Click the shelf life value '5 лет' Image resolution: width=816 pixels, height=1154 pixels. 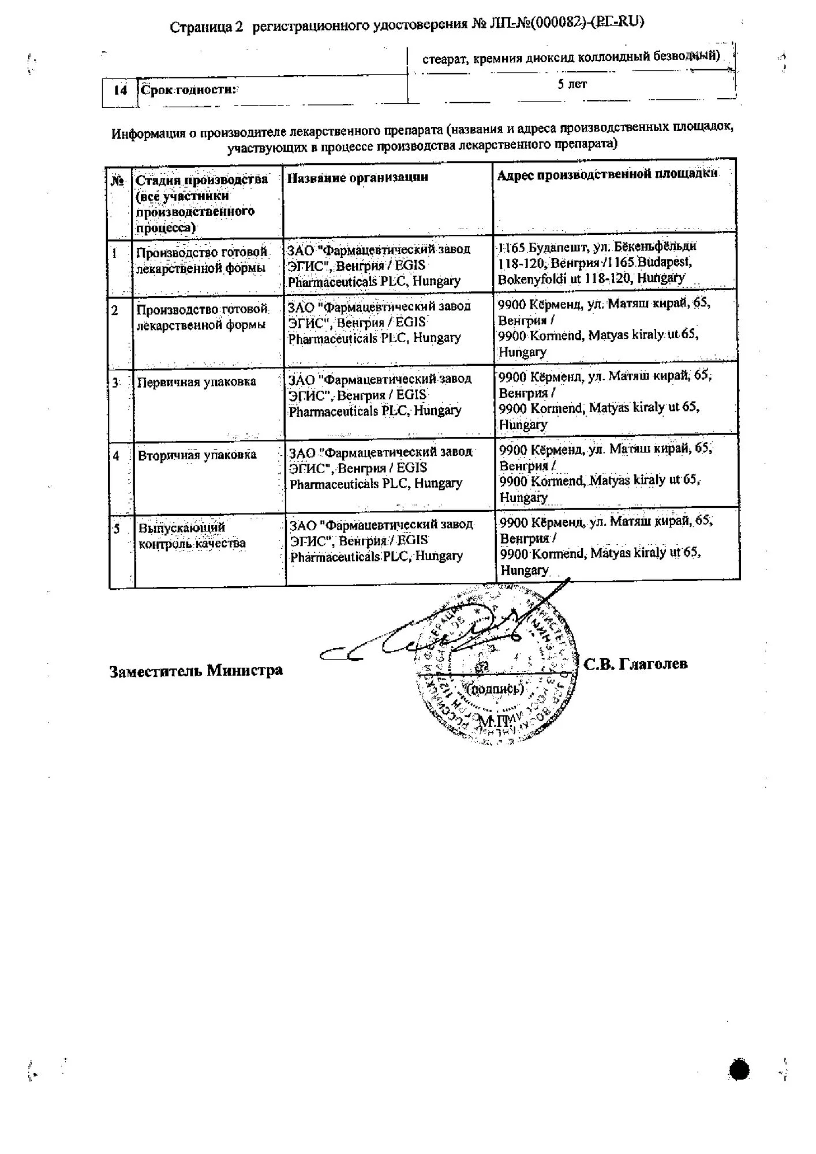[572, 84]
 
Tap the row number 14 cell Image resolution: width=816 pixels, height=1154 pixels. [120, 91]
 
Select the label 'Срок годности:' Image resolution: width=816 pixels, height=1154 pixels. [189, 90]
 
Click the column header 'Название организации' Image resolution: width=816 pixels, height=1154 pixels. [358, 178]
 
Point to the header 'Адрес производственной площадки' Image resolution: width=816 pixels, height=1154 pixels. [607, 174]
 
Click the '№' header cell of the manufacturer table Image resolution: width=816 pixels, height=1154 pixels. [118, 181]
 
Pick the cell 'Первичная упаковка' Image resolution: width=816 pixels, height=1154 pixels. [196, 382]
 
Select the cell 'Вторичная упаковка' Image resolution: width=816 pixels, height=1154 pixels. [197, 455]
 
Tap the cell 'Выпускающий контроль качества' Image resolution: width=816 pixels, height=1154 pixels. [192, 535]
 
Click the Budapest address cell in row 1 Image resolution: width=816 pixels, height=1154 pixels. [597, 262]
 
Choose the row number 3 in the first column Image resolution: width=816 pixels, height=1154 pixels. [116, 383]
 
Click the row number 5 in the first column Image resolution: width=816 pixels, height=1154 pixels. [117, 529]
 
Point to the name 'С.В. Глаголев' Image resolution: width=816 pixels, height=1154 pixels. [635, 664]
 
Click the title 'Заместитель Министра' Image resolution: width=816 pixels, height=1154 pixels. [196, 670]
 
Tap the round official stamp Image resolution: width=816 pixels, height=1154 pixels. [496, 664]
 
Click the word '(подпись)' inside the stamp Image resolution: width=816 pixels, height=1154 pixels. [494, 688]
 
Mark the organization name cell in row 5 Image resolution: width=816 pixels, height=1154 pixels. [381, 541]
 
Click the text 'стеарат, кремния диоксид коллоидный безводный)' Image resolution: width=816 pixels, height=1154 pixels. [571, 58]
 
